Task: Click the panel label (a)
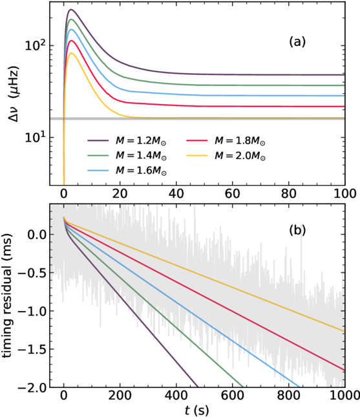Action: (297, 42)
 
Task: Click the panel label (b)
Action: (297, 230)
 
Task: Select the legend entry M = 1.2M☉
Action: (127, 140)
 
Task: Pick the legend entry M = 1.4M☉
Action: (127, 155)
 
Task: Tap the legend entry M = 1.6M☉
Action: (127, 170)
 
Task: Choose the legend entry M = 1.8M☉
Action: (226, 140)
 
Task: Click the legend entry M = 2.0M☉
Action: (226, 155)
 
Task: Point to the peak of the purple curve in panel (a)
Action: (71, 10)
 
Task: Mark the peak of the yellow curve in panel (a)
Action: (71, 53)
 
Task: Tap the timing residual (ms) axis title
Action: (8, 296)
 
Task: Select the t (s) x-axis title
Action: (196, 411)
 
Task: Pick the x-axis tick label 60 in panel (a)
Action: (233, 194)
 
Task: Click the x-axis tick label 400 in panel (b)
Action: (176, 396)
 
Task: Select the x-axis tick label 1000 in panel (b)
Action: (345, 396)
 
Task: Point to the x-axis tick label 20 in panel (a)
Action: (120, 194)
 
